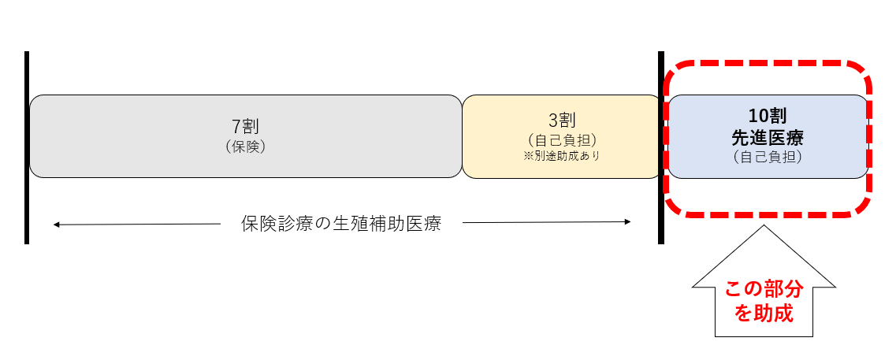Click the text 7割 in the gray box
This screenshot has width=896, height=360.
pos(245,126)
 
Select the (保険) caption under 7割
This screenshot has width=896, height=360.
pos(245,146)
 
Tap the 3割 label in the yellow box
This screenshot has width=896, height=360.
pos(562,121)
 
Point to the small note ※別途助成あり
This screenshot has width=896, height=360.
pos(562,156)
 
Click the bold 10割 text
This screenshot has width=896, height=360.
pos(768,117)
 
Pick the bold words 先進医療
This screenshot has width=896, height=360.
pos(768,137)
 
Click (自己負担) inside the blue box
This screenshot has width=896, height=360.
pos(768,157)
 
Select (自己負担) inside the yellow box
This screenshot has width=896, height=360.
pos(562,139)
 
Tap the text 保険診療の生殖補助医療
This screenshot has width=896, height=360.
pos(340,224)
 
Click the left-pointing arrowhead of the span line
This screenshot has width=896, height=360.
pos(56,225)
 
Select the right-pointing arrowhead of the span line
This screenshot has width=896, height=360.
pos(628,223)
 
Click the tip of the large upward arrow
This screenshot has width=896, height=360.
pos(763,227)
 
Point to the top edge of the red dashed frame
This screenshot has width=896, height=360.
pos(768,62)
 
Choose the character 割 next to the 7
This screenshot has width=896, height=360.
pos(251,126)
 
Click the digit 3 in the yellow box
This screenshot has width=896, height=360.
pos(553,121)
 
